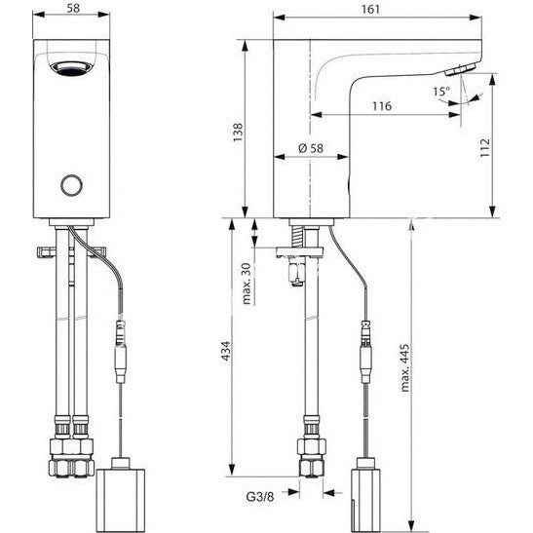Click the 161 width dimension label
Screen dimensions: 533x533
pyautogui.click(x=370, y=9)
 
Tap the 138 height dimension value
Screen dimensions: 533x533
pyautogui.click(x=238, y=133)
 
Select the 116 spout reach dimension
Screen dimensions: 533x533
pyautogui.click(x=382, y=106)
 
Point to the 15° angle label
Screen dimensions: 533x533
pyautogui.click(x=441, y=91)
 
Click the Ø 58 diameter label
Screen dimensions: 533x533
pyautogui.click(x=311, y=148)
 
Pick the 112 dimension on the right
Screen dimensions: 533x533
pyautogui.click(x=485, y=147)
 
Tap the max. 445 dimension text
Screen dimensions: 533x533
pyautogui.click(x=404, y=368)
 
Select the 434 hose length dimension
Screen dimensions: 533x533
pyautogui.click(x=226, y=351)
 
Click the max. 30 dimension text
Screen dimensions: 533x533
pyautogui.click(x=247, y=284)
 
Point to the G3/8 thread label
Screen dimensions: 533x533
pyautogui.click(x=260, y=497)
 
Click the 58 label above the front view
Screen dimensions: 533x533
pyautogui.click(x=73, y=8)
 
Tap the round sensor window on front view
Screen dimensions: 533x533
pyautogui.click(x=71, y=185)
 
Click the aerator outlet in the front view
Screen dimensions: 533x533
pyautogui.click(x=71, y=67)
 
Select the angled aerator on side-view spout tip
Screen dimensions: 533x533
pyautogui.click(x=459, y=69)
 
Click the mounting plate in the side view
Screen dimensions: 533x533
pyautogui.click(x=299, y=251)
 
